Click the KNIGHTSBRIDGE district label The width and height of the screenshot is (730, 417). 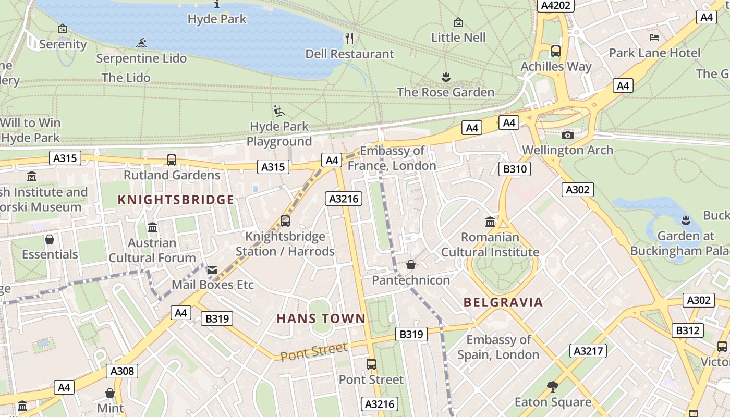pyautogui.click(x=176, y=200)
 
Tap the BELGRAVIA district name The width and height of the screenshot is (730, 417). pyautogui.click(x=503, y=302)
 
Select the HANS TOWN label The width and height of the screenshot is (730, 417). pyautogui.click(x=321, y=318)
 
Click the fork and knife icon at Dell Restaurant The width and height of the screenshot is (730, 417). pyautogui.click(x=349, y=38)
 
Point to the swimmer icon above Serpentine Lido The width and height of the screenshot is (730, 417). pyautogui.click(x=141, y=43)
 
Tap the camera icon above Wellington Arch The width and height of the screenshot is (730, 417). pyautogui.click(x=568, y=135)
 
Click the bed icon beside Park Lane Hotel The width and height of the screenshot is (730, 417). pyautogui.click(x=654, y=37)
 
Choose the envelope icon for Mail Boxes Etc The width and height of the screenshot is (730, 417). pyautogui.click(x=212, y=270)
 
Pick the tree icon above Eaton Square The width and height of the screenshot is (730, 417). pyautogui.click(x=553, y=387)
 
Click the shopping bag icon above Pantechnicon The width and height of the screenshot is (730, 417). pyautogui.click(x=411, y=265)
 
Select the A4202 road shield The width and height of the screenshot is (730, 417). pyautogui.click(x=556, y=5)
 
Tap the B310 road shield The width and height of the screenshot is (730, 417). pyautogui.click(x=515, y=169)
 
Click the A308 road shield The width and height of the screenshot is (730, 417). pyautogui.click(x=122, y=371)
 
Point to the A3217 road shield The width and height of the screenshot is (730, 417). pyautogui.click(x=588, y=351)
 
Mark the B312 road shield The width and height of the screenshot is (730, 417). pyautogui.click(x=688, y=330)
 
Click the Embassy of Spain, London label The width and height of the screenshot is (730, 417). pyautogui.click(x=498, y=347)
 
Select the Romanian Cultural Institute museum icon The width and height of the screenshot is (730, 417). pyautogui.click(x=490, y=222)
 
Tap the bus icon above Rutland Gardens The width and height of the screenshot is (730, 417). pyautogui.click(x=172, y=160)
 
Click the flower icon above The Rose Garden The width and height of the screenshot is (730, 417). pyautogui.click(x=446, y=78)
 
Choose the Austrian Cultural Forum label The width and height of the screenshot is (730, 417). pyautogui.click(x=152, y=250)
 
